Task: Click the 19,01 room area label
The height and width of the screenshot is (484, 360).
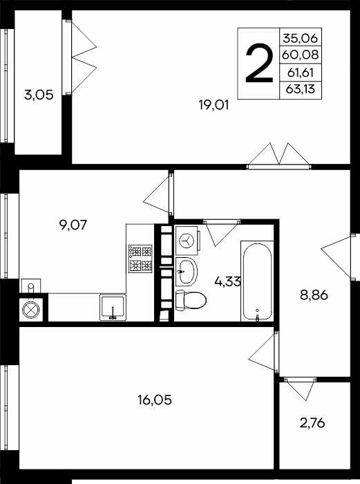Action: pyautogui.click(x=214, y=106)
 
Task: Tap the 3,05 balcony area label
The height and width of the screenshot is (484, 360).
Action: pyautogui.click(x=39, y=95)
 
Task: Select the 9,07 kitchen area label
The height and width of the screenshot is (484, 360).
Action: pyautogui.click(x=73, y=225)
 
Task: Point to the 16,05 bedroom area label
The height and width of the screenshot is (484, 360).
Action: pyautogui.click(x=155, y=400)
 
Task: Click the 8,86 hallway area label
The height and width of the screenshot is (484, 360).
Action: pyautogui.click(x=314, y=295)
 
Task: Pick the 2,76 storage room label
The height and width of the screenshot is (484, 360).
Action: pyautogui.click(x=312, y=423)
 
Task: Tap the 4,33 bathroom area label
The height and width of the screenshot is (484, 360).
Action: pyautogui.click(x=227, y=282)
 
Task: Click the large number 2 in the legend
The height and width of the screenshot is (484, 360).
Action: pyautogui.click(x=259, y=64)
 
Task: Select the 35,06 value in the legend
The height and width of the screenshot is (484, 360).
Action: pyautogui.click(x=300, y=38)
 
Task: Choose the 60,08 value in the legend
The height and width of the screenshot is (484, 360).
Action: pyautogui.click(x=300, y=55)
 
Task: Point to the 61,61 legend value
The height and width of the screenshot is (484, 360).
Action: pyautogui.click(x=300, y=73)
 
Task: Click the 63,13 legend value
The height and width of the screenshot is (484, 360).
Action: pyautogui.click(x=300, y=89)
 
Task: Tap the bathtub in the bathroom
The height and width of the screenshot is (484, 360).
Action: pyautogui.click(x=257, y=281)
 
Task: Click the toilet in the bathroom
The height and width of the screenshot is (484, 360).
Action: pyautogui.click(x=191, y=299)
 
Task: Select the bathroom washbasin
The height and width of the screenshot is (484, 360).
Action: pyautogui.click(x=187, y=272)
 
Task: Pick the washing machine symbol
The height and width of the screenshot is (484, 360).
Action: pyautogui.click(x=187, y=241)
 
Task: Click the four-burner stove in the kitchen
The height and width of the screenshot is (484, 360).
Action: pyautogui.click(x=141, y=259)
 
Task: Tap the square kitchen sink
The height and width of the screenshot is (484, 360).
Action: pyautogui.click(x=113, y=308)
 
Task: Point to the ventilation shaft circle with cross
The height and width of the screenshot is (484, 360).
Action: pyautogui.click(x=31, y=310)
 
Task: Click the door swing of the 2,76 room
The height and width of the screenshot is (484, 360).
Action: pyautogui.click(x=301, y=389)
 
